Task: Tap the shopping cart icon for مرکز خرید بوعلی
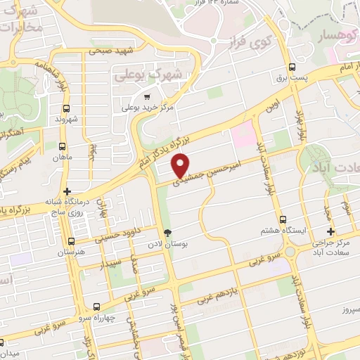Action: coord(146,97)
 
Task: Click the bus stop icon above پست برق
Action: coord(292,67)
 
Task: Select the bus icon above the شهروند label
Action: coord(66,109)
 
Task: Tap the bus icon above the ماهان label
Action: coord(63,147)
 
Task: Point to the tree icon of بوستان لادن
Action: coord(167,232)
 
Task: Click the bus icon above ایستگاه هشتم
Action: coord(283,219)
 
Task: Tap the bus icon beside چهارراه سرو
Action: coord(97,307)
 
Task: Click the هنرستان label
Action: coord(71,251)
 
